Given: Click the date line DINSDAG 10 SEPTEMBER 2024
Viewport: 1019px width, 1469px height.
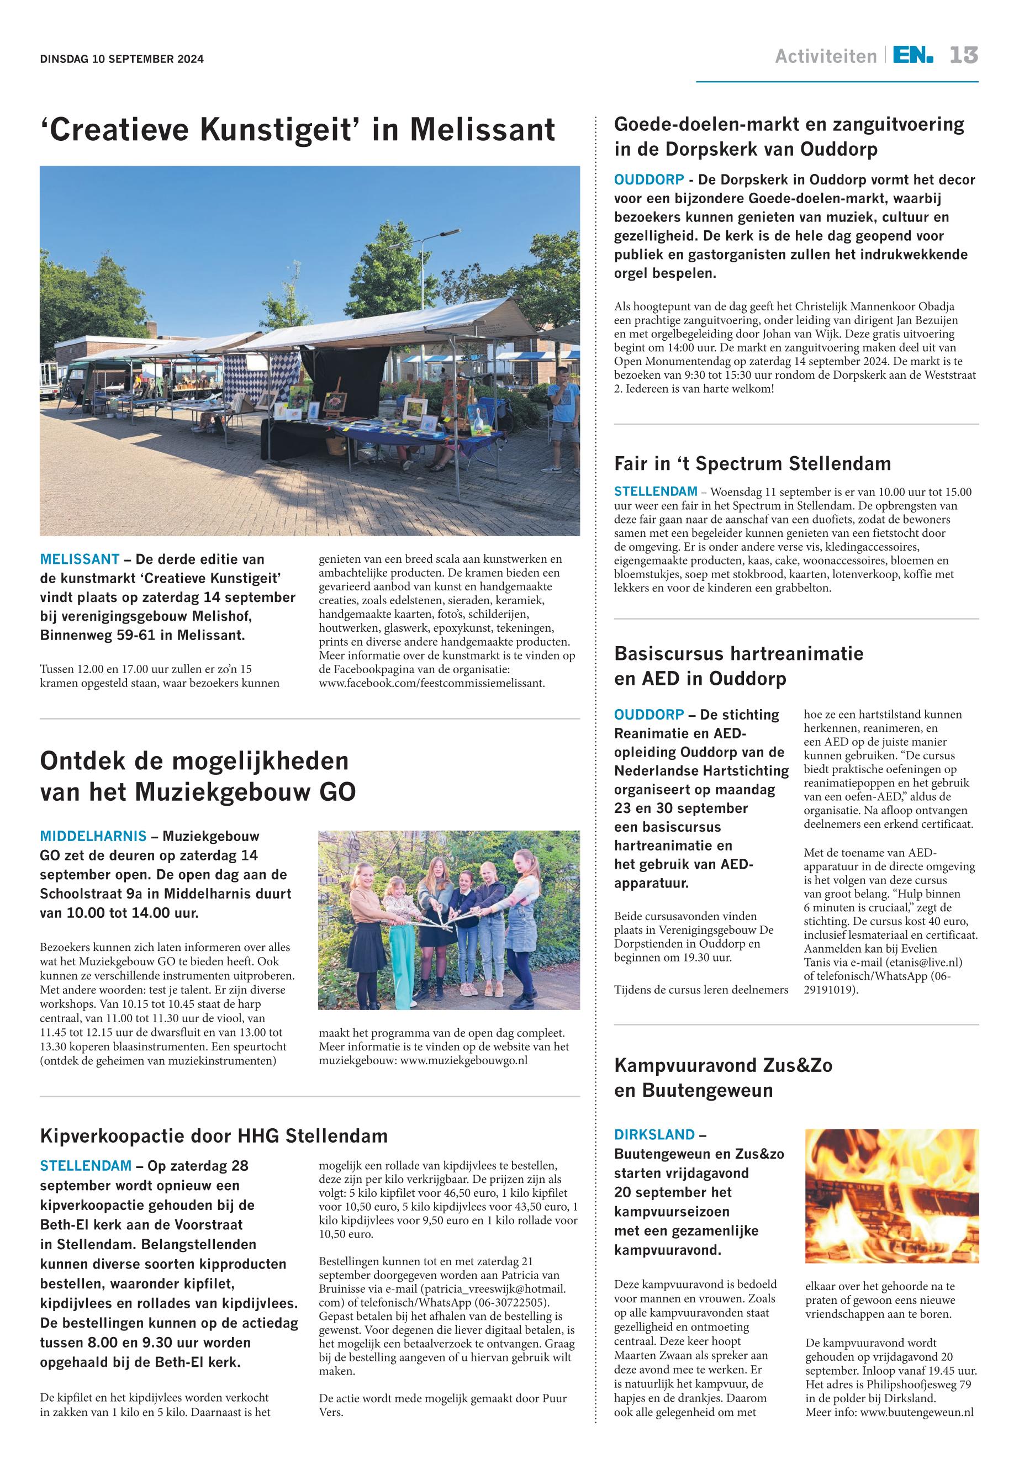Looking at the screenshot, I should [x=122, y=60].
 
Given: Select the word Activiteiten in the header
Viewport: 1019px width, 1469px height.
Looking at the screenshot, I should [x=826, y=57].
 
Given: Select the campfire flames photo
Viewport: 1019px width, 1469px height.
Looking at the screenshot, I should [x=891, y=1196].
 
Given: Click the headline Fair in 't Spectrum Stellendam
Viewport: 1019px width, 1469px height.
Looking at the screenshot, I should [x=752, y=463].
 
